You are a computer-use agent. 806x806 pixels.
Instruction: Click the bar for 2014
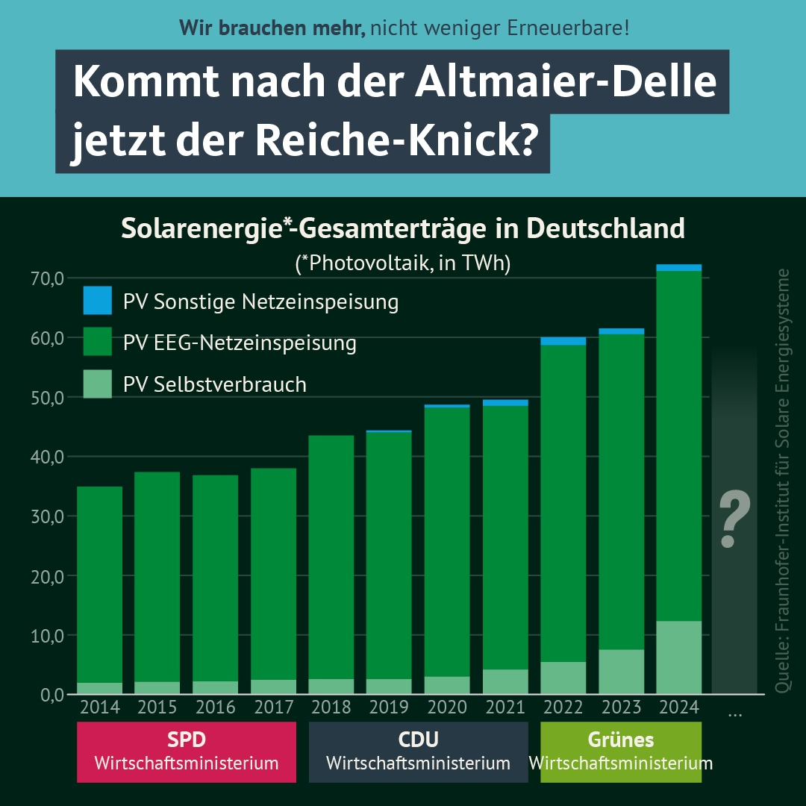click(100, 590)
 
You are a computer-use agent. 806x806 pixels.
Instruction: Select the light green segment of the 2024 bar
click(679, 657)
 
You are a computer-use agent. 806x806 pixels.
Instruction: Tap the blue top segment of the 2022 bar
click(563, 341)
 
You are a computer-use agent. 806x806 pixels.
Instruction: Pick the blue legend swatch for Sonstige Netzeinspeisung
click(98, 301)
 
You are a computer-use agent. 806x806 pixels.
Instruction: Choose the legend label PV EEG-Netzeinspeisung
click(240, 343)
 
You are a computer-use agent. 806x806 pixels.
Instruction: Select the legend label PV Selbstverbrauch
click(215, 384)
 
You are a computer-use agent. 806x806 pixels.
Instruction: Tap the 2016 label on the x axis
click(216, 707)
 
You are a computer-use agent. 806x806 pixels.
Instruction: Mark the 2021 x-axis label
click(505, 707)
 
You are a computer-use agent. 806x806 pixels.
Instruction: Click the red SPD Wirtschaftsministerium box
click(187, 752)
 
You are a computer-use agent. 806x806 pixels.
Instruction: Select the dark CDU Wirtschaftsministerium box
click(418, 752)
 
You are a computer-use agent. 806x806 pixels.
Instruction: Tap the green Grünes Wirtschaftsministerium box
click(621, 752)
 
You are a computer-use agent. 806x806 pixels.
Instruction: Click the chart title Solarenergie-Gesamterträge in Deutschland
click(403, 228)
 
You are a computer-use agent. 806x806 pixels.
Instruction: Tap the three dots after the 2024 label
click(734, 714)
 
